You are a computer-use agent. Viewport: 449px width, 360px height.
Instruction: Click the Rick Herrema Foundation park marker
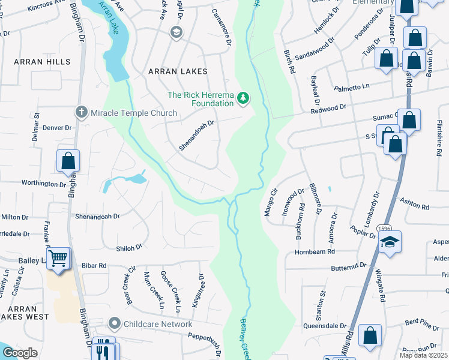tap(243, 97)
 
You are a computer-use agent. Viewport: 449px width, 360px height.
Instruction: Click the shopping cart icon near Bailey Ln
tap(58, 259)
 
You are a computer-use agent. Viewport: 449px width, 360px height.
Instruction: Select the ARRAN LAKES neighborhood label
tap(178, 71)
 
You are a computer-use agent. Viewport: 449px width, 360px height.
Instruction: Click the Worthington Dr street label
tap(43, 184)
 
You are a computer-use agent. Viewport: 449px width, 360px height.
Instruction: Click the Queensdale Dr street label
tap(327, 326)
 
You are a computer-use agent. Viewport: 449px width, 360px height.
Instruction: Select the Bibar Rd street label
tap(94, 265)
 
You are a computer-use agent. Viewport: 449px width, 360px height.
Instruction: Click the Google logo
tap(20, 352)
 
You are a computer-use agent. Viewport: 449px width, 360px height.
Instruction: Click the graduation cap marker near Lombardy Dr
tap(390, 241)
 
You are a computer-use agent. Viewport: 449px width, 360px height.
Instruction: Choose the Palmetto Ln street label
tap(366, 88)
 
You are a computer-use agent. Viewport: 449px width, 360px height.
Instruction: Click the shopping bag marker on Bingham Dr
tap(68, 161)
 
